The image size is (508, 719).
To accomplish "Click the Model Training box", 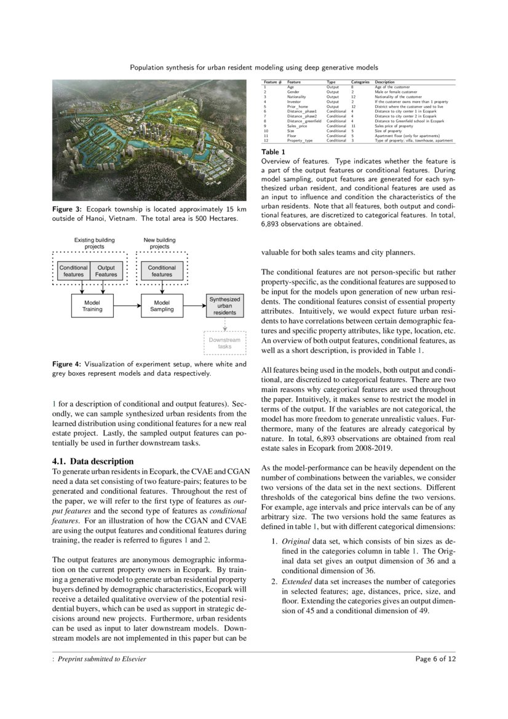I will [x=93, y=306].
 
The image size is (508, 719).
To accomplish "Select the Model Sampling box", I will [x=162, y=306].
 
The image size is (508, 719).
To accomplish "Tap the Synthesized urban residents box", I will [x=224, y=306].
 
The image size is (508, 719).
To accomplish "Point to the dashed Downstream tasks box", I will [x=224, y=343].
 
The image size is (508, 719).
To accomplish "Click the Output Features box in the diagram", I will [x=106, y=271].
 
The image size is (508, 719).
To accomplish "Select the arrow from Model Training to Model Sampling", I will [x=127, y=306].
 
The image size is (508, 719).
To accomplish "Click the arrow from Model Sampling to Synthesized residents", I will [x=194, y=306].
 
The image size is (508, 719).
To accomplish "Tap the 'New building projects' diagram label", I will [x=159, y=243].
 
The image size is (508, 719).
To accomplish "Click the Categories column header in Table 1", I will [x=360, y=82].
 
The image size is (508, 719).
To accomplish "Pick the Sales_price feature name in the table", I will [x=296, y=126].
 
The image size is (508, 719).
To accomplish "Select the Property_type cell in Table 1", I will [x=300, y=141].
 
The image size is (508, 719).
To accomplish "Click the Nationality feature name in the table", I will [x=298, y=97].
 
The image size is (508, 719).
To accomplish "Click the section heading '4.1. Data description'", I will [x=92, y=461].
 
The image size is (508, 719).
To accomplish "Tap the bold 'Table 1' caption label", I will [x=273, y=151].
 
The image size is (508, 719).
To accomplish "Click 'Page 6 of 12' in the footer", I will [x=435, y=659].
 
